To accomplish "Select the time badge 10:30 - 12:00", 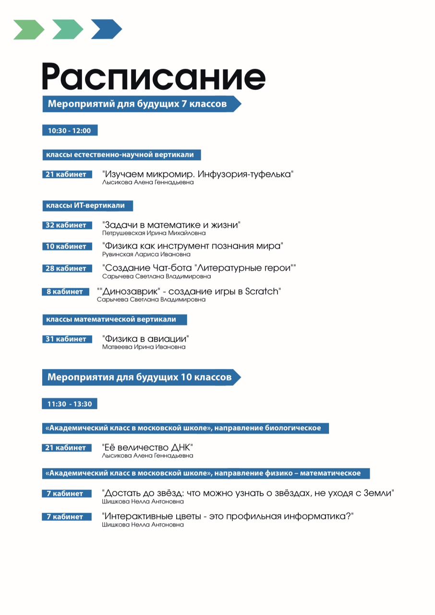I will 70,131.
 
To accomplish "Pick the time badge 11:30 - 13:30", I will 70,404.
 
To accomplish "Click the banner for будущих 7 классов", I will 139,104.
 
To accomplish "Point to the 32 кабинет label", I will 66,225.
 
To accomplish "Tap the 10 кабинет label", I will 66,247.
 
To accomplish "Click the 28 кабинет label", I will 66,269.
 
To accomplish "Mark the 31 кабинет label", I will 66,339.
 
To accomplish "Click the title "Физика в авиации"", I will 145,339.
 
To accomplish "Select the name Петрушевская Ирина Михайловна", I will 154,234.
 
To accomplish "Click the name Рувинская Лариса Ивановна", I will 146,255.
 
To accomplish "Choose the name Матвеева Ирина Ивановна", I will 144,347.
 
